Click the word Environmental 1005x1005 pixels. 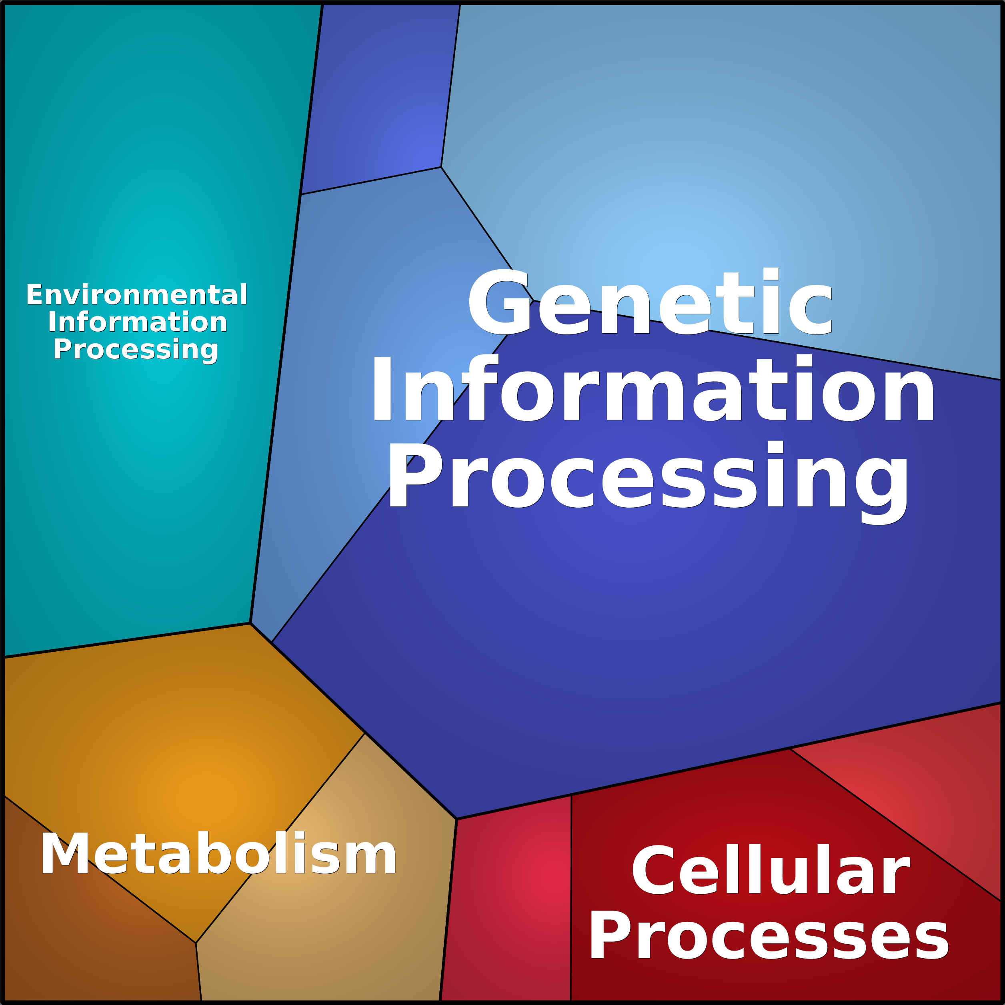tap(137, 295)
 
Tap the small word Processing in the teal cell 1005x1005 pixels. tap(135, 350)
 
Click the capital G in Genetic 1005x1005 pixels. tap(498, 302)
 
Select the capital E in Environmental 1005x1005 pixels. tap(34, 295)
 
